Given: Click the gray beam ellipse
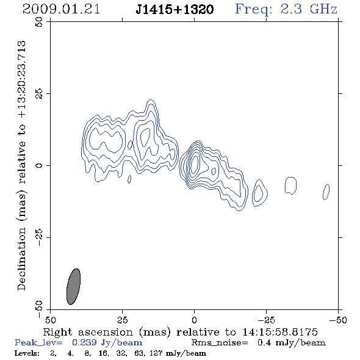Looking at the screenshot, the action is (73, 287).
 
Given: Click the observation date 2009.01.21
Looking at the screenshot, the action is (61, 9).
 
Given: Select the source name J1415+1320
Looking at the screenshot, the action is (175, 10).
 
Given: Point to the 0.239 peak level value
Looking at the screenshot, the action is (84, 342).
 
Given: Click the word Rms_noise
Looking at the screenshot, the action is (220, 343).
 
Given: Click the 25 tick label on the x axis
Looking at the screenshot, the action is (122, 320).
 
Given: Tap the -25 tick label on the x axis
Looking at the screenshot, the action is (266, 320).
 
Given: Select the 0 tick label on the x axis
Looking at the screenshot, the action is (194, 320).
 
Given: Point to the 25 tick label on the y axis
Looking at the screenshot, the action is (39, 94).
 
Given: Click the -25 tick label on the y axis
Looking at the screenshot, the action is (39, 237).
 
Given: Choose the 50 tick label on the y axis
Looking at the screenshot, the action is (39, 22).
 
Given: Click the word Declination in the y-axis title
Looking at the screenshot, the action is (21, 259).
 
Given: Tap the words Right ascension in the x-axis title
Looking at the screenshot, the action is (88, 332).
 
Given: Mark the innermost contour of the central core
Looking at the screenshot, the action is (195, 164).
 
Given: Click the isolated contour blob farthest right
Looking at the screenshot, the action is (326, 192).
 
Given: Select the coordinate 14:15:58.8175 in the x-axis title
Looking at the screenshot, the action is (280, 332).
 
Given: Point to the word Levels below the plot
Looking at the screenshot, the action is (27, 353).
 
